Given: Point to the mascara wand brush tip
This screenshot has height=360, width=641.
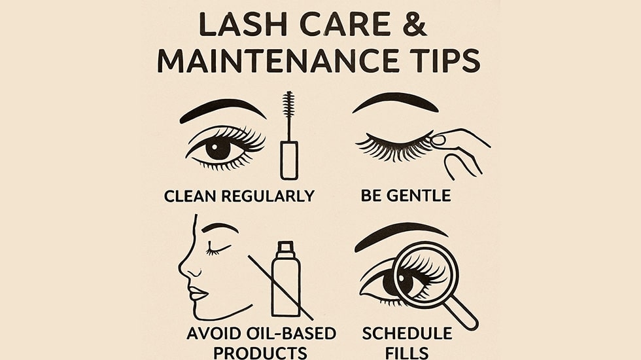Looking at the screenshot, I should (288, 105).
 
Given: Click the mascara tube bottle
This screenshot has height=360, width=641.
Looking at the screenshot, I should (288, 157).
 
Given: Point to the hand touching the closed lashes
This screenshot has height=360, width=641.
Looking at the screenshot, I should (461, 147).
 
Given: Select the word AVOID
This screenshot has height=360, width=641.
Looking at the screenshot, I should (216, 333).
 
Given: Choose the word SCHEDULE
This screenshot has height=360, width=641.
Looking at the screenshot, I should (407, 333).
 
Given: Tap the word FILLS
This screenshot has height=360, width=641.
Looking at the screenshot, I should (407, 352).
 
